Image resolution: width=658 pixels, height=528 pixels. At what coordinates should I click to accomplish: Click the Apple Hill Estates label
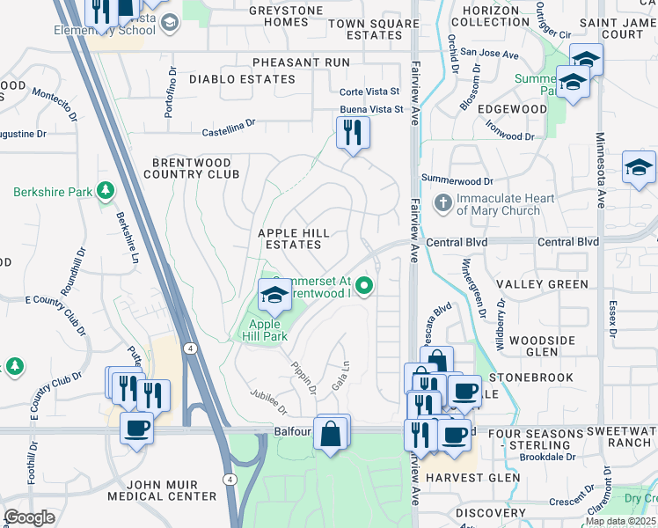[293, 238]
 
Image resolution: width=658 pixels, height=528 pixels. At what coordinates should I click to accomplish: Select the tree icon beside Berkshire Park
[106, 191]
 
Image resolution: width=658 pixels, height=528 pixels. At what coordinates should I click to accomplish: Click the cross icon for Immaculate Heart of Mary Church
[443, 204]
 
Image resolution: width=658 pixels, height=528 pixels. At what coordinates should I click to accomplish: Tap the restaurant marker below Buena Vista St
[353, 134]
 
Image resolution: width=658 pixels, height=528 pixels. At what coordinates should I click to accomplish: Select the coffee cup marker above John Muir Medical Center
[135, 429]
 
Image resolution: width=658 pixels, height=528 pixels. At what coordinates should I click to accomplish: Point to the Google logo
[29, 517]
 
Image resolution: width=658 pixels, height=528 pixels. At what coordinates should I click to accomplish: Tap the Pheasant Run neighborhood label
[300, 62]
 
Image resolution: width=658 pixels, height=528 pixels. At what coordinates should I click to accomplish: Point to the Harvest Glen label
[461, 478]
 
